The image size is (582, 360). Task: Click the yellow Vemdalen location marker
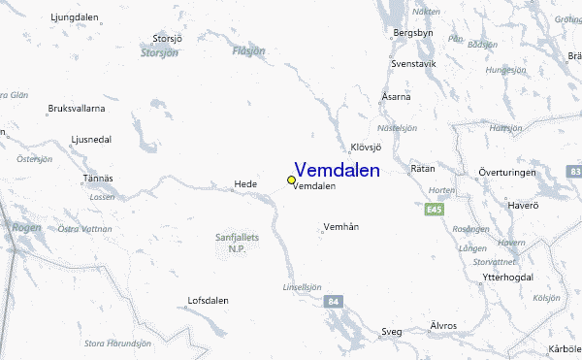pyautogui.click(x=291, y=180)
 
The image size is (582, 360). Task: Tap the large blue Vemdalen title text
pyautogui.click(x=337, y=170)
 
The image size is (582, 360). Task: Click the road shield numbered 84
pyautogui.click(x=333, y=301)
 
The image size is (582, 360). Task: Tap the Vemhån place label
pyautogui.click(x=340, y=227)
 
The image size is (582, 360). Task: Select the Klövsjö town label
pyautogui.click(x=366, y=147)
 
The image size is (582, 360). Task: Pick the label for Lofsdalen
pyautogui.click(x=208, y=301)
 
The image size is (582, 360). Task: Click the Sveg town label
pyautogui.click(x=391, y=332)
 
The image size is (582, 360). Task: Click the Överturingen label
pyautogui.click(x=506, y=172)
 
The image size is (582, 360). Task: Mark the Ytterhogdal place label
pyautogui.click(x=507, y=278)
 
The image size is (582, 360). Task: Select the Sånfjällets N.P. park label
pyautogui.click(x=237, y=242)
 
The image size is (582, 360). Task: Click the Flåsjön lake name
pyautogui.click(x=248, y=50)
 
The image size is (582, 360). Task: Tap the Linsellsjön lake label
pyautogui.click(x=302, y=286)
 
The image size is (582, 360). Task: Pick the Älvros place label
pyautogui.click(x=442, y=325)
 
